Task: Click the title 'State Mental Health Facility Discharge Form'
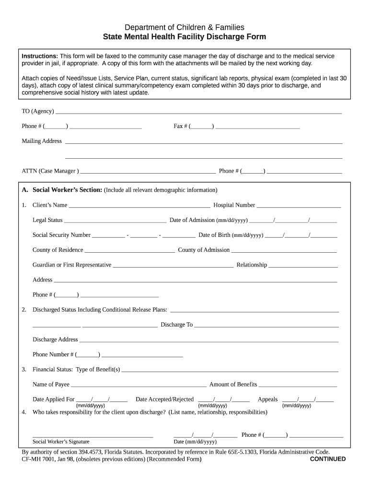[184, 37]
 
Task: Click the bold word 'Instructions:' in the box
[40, 56]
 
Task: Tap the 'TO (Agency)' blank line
[198, 113]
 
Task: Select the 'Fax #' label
[181, 126]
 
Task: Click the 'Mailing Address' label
[42, 141]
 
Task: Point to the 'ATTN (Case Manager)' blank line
[148, 172]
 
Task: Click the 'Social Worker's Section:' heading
[67, 190]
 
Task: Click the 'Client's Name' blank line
[139, 207]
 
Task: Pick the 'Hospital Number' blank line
[299, 207]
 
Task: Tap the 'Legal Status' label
[47, 220]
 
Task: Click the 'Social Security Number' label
[61, 235]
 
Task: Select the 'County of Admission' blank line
[284, 251]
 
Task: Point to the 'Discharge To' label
[176, 325]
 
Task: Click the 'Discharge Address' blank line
[209, 341]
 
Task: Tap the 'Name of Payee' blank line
[138, 386]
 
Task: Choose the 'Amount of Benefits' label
[233, 385]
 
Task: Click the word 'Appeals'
[267, 399]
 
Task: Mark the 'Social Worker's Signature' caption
[61, 442]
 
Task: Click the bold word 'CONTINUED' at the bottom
[328, 459]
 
